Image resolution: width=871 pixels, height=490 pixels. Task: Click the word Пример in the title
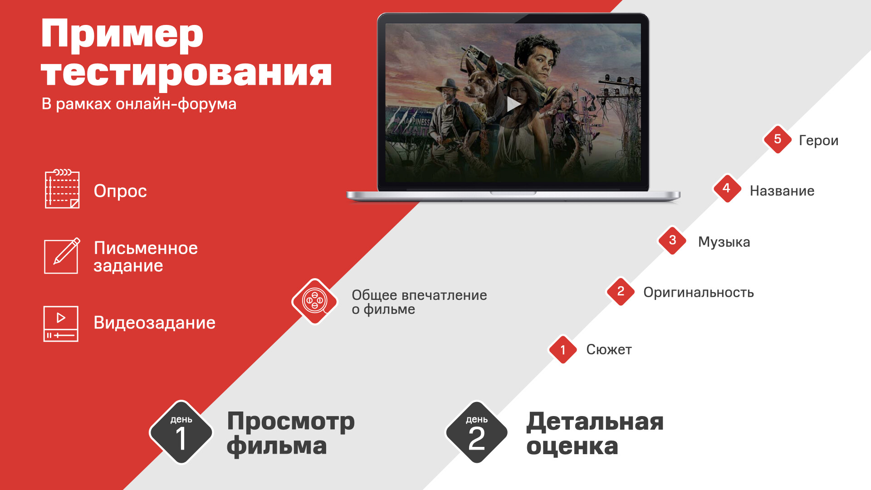point(122,34)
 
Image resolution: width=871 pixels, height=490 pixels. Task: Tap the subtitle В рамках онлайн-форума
point(139,104)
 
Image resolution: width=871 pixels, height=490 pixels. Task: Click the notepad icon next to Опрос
point(62,189)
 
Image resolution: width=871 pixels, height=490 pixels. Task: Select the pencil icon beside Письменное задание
point(62,256)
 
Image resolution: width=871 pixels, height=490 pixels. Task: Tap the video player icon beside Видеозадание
point(61,323)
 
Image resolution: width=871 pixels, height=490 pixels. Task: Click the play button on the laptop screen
point(513,104)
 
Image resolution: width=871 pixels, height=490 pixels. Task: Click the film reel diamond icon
point(315,301)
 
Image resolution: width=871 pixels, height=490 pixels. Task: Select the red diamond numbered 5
point(778,139)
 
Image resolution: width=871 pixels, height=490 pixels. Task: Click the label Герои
point(818,141)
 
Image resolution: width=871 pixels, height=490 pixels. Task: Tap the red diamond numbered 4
point(727,188)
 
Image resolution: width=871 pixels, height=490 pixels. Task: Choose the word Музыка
point(724,242)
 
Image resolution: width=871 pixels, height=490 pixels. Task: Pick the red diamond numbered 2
point(621,291)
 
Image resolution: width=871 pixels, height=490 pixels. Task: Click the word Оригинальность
point(699,293)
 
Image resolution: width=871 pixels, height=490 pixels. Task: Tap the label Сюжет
point(609,350)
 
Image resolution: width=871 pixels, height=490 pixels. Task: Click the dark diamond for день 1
point(181,432)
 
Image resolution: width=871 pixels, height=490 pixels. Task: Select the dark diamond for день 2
point(477,432)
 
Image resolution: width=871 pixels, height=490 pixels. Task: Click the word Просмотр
point(291,421)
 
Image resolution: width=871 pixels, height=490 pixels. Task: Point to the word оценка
point(572,446)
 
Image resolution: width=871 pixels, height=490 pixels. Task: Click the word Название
point(782,191)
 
